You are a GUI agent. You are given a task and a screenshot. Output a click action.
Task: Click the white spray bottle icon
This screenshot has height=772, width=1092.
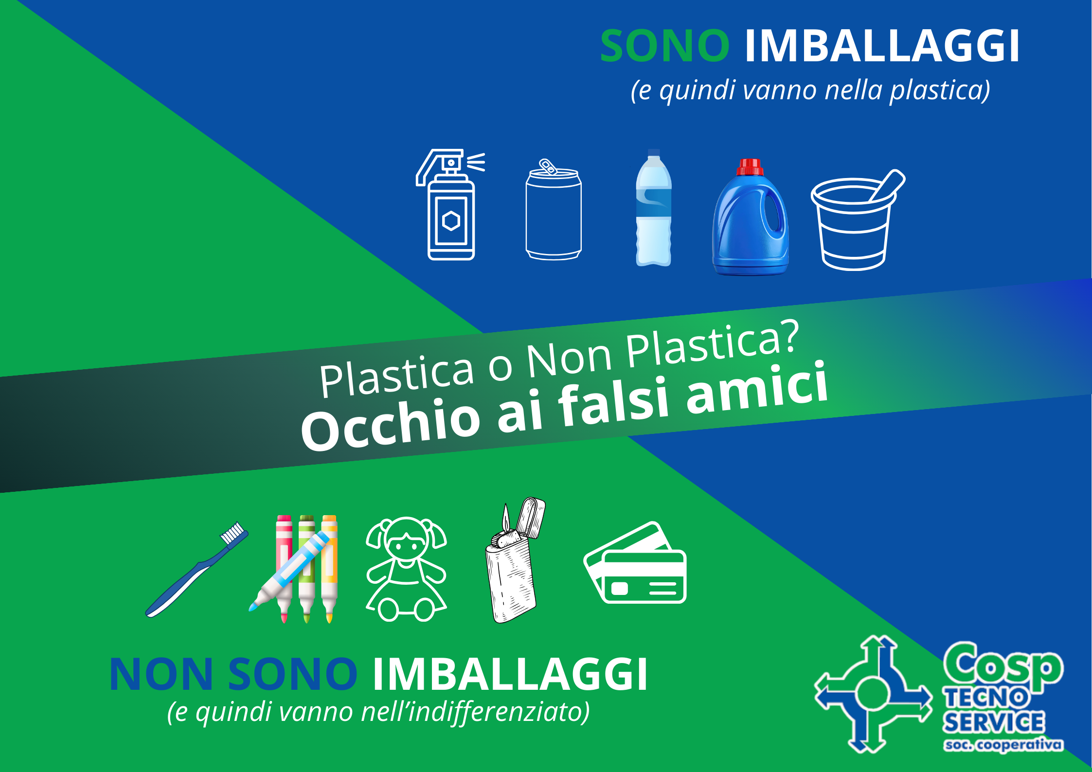(450, 204)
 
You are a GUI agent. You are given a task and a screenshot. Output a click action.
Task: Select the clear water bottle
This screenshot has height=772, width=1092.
(654, 208)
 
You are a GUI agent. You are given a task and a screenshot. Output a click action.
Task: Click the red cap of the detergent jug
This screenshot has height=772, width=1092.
(750, 167)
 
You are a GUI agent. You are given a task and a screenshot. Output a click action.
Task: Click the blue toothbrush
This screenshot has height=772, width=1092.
(197, 570)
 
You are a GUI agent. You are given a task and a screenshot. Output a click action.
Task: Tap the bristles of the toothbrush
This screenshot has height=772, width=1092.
(233, 533)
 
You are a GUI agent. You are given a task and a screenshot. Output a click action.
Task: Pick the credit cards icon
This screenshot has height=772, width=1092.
(635, 563)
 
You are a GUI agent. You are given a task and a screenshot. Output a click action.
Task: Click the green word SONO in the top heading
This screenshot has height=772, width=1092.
(664, 46)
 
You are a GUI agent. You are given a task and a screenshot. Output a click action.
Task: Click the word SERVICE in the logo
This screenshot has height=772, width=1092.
(994, 722)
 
